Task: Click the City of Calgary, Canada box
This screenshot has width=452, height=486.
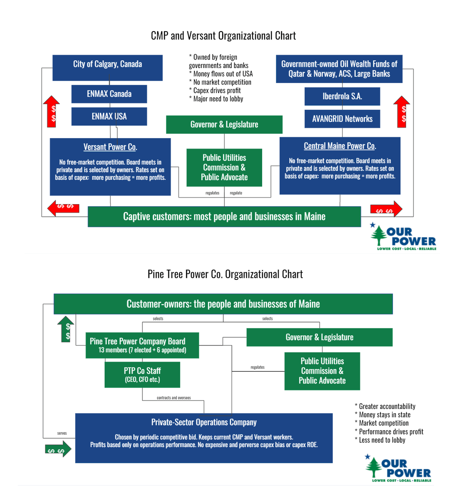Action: click(x=108, y=68)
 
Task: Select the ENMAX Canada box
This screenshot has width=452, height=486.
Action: click(x=109, y=94)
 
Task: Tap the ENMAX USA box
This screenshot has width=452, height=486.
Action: click(x=109, y=117)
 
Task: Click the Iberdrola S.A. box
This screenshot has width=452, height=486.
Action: click(x=342, y=96)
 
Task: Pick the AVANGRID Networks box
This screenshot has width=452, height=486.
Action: click(x=342, y=119)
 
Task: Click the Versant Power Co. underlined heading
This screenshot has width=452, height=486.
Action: click(x=110, y=147)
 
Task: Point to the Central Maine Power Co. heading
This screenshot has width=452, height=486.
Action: click(x=340, y=146)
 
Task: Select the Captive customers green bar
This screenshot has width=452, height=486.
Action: click(x=224, y=217)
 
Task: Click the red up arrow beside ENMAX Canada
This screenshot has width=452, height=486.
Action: click(x=52, y=112)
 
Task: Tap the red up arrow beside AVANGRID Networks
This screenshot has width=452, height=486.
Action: click(x=401, y=112)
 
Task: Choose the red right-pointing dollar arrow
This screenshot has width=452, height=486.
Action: click(x=386, y=209)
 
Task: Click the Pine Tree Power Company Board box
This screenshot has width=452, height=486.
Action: click(x=142, y=345)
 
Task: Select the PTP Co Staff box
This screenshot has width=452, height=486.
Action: click(x=142, y=375)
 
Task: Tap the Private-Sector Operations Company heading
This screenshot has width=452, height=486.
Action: click(x=204, y=422)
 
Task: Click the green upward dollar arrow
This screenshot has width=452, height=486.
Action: click(x=65, y=329)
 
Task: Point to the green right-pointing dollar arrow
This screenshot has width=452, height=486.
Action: click(x=58, y=449)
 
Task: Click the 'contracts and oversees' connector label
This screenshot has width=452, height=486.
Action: click(x=174, y=398)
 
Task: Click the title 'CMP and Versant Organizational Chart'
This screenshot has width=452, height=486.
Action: click(x=223, y=36)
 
